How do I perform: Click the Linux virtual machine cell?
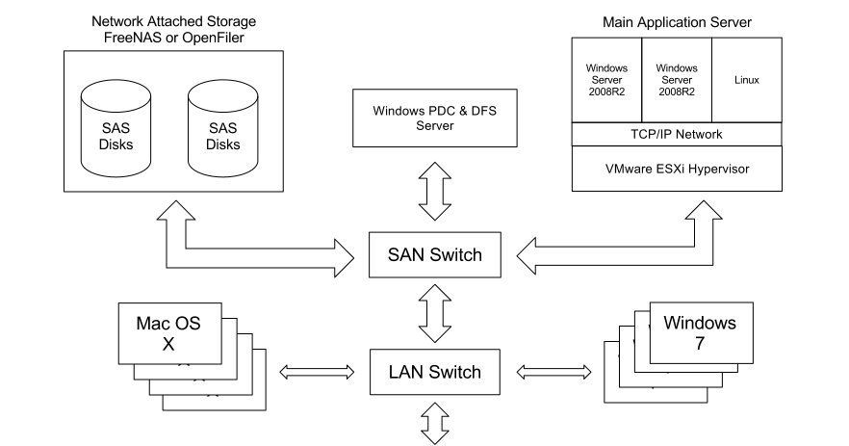click(x=747, y=80)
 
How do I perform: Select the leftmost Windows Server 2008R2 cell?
click(x=606, y=80)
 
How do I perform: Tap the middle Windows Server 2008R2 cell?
click(x=676, y=80)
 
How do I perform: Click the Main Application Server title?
click(x=678, y=19)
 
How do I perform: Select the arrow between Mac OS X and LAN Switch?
click(x=314, y=370)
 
